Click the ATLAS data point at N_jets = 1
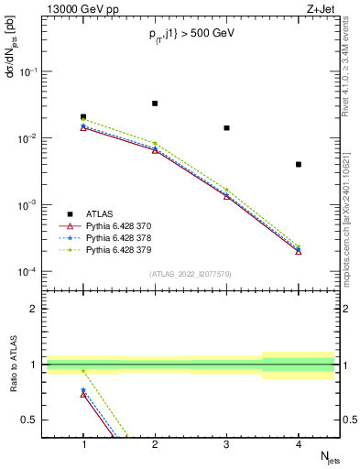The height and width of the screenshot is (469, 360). tap(83, 117)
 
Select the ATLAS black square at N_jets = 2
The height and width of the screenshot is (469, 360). tap(155, 104)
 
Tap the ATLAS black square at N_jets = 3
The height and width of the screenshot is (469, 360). tap(226, 127)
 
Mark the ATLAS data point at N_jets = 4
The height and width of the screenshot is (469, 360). tap(299, 164)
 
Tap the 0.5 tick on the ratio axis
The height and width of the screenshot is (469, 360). tap(35, 420)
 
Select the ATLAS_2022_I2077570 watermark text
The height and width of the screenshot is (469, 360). tap(191, 274)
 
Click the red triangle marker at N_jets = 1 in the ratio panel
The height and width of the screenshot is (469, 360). tap(83, 394)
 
